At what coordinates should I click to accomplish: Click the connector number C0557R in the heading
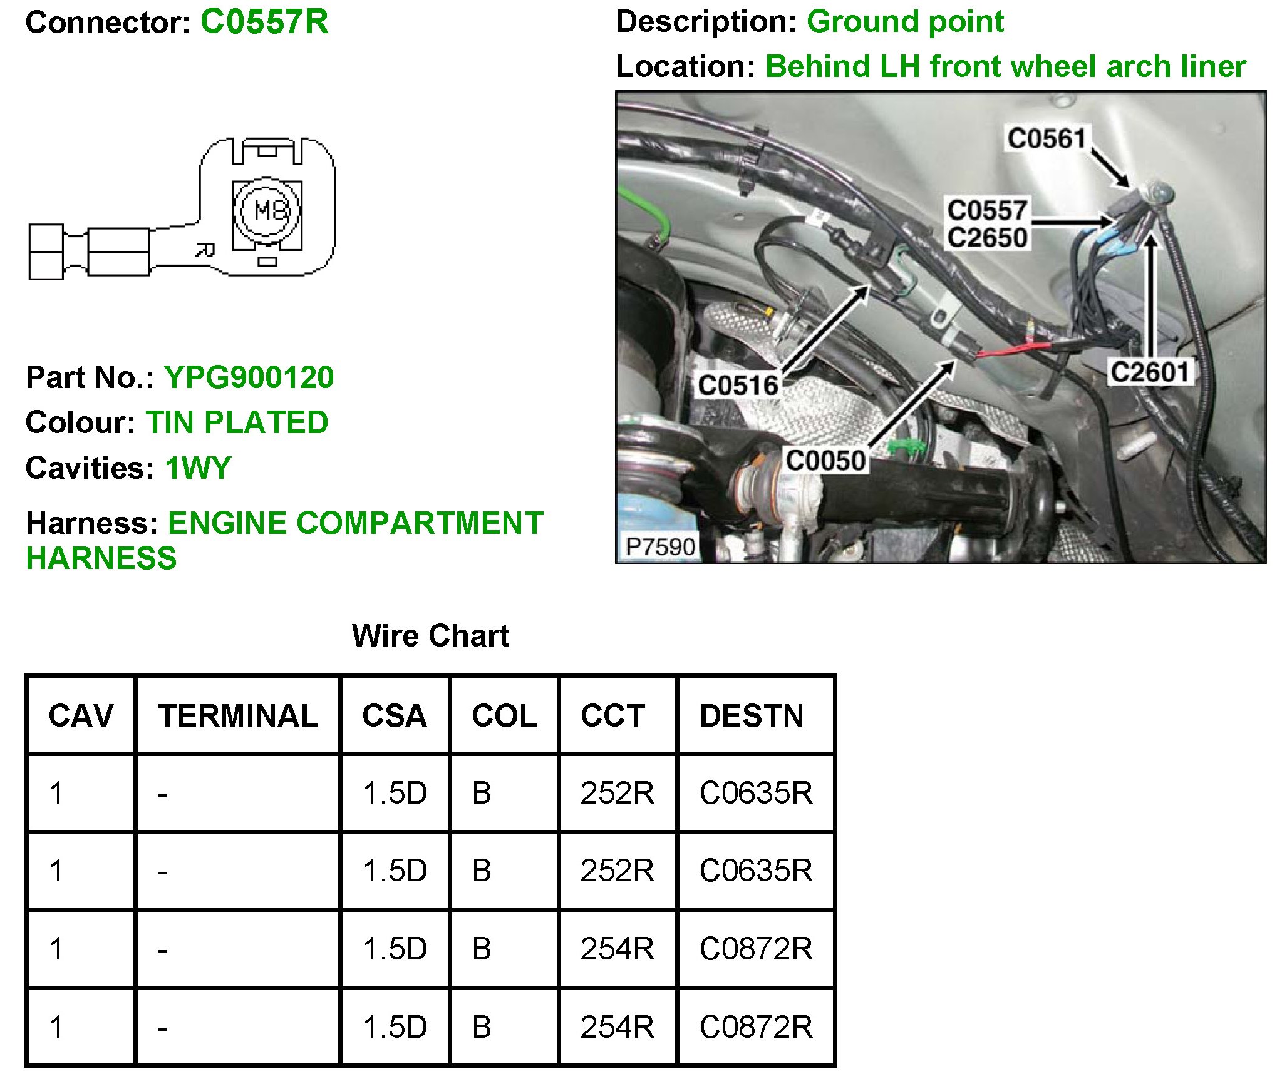coord(264,22)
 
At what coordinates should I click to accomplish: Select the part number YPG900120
coord(249,377)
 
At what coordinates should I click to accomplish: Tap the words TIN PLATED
coord(237,422)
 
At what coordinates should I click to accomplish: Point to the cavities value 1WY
coord(198,468)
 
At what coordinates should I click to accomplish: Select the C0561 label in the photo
coord(1045,138)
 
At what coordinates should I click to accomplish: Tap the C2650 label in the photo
coord(987,238)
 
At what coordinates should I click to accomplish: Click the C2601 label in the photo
coord(1149,373)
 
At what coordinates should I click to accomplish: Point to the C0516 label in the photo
coord(738,386)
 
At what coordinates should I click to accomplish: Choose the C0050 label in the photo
coord(825,461)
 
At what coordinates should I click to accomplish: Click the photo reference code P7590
coord(660,546)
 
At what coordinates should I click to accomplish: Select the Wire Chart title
coord(430,636)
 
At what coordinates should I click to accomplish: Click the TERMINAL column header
coord(238,716)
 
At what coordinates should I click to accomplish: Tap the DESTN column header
coord(752,716)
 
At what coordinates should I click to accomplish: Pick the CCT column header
coord(612,716)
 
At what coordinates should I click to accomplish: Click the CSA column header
coord(395,716)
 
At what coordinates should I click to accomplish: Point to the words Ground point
coord(905,22)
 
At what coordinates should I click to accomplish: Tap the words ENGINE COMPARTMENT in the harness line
coord(355,523)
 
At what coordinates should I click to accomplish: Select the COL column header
coord(504,716)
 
